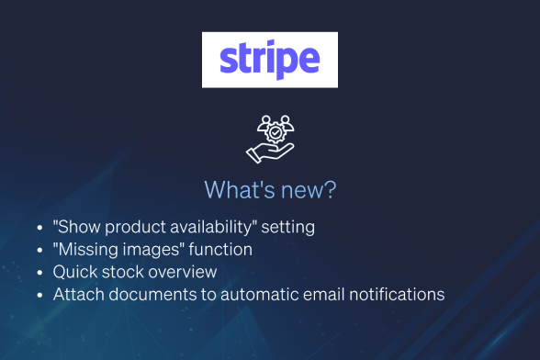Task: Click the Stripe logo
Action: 269,60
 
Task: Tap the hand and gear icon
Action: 269,138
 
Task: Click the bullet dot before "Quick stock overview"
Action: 39,273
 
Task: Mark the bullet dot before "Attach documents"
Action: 39,296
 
